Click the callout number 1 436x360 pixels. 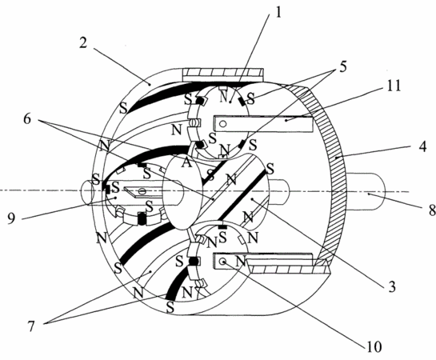click(x=278, y=12)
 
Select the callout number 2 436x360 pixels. click(x=83, y=43)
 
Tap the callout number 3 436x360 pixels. click(x=391, y=286)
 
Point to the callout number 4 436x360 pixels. click(x=422, y=146)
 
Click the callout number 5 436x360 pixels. click(x=343, y=66)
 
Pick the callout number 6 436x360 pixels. click(x=27, y=118)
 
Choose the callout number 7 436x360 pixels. click(x=31, y=326)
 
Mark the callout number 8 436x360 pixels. click(x=432, y=210)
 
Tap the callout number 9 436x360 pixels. click(x=11, y=218)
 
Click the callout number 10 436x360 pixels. click(x=374, y=346)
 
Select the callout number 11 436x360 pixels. click(x=393, y=86)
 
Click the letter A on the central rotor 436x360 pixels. click(x=186, y=162)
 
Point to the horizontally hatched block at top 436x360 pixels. click(x=222, y=74)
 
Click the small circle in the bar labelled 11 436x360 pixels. click(x=222, y=124)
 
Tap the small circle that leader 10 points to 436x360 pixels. click(x=222, y=261)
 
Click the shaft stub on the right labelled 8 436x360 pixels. click(x=366, y=191)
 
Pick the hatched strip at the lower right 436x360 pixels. click(x=289, y=269)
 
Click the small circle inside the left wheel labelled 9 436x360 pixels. click(x=142, y=191)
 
